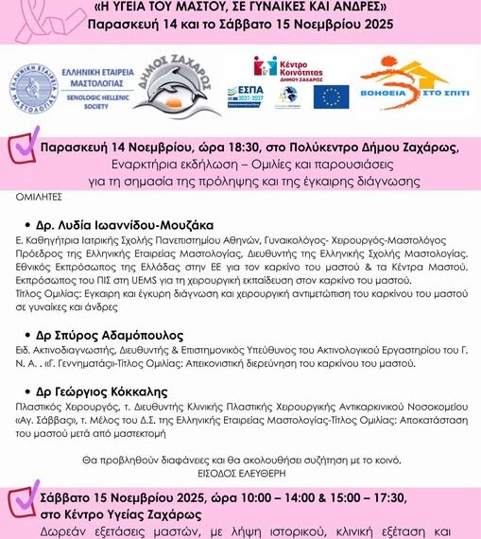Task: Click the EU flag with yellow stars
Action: [331, 96]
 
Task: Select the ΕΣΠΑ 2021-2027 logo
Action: [245, 96]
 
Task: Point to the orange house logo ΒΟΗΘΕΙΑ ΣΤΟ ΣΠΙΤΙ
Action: [419, 84]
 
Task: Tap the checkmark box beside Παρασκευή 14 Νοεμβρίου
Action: [21, 148]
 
